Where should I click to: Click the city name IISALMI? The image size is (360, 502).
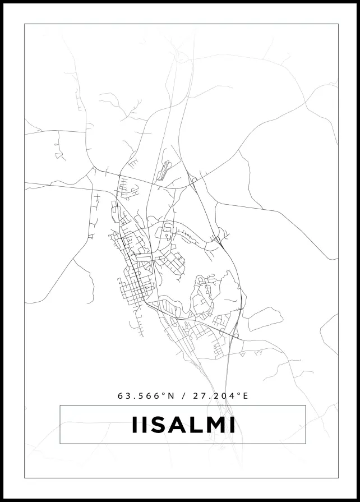(x=183, y=425)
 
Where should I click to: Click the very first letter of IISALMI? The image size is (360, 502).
(x=134, y=425)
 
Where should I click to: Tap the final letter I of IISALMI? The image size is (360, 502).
(x=232, y=425)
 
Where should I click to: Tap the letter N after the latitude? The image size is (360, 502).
(x=171, y=395)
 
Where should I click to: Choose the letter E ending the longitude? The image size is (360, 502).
(x=245, y=395)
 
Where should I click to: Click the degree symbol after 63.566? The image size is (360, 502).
(x=164, y=394)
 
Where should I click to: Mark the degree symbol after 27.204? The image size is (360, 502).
(x=238, y=394)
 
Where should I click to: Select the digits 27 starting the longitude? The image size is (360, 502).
(x=197, y=395)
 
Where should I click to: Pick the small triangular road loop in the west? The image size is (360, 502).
(x=58, y=154)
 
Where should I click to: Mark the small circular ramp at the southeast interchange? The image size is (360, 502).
(x=236, y=335)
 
